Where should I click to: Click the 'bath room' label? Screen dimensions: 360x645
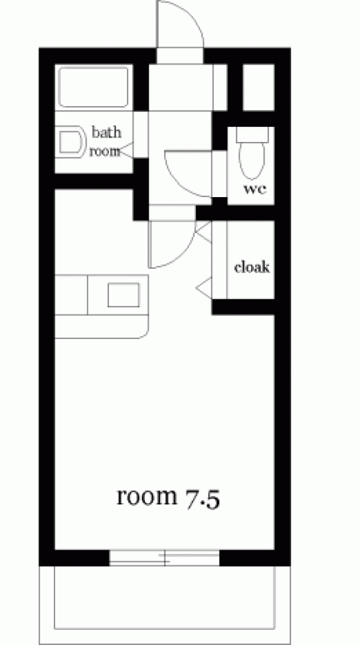[x=105, y=141]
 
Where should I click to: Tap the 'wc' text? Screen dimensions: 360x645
[x=255, y=189]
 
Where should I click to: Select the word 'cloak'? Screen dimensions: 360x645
[x=252, y=267]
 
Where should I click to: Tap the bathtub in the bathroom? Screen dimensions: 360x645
[x=93, y=87]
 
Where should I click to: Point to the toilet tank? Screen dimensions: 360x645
[x=252, y=135]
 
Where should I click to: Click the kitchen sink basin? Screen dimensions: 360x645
[x=123, y=295]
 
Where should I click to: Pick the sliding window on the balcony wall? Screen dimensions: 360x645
[x=164, y=558]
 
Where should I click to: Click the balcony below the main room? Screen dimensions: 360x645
[x=164, y=605]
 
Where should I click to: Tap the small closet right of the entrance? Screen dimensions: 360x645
[x=258, y=87]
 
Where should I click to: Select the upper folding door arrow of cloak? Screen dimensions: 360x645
[x=203, y=231]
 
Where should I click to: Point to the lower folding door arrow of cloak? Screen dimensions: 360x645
[x=204, y=287]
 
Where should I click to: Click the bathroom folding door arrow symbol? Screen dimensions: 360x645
[x=126, y=150]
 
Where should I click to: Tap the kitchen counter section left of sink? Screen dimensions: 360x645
[x=71, y=295]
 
